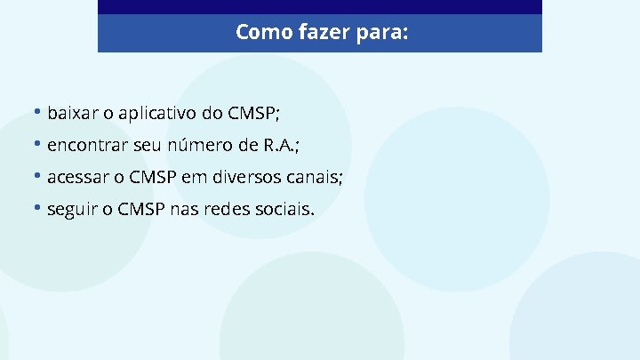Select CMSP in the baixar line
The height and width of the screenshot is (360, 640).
(x=253, y=113)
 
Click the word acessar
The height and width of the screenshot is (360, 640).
(x=80, y=177)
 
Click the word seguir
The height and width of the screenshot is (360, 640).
(x=72, y=211)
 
